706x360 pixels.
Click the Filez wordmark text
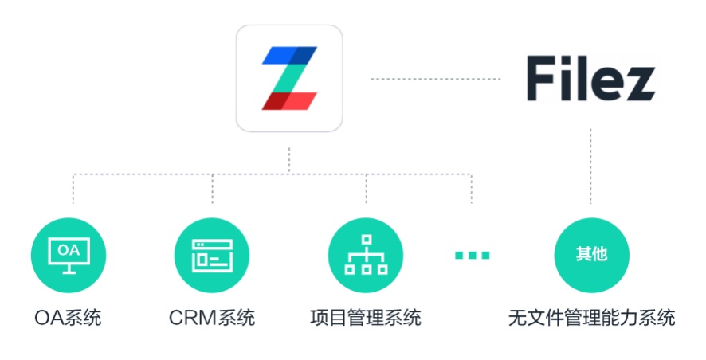[x=590, y=78]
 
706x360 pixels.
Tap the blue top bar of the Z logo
[x=289, y=55]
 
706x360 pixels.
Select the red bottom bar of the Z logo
[x=289, y=101]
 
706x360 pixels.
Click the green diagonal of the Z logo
[x=289, y=78]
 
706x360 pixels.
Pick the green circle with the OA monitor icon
[x=69, y=255]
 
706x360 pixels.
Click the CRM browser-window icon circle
[x=212, y=255]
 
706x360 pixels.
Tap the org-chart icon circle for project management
[x=366, y=255]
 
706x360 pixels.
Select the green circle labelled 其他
[x=591, y=255]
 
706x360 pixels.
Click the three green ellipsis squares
[x=472, y=255]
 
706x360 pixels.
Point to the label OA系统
[x=68, y=318]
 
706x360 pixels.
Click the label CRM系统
[x=212, y=318]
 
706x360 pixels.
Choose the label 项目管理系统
[x=366, y=318]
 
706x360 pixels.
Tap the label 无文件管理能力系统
[x=591, y=318]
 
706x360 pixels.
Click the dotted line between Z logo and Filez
[x=435, y=79]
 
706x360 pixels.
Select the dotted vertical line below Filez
[x=590, y=166]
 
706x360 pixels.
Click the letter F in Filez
[x=540, y=78]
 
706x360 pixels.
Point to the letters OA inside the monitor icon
[x=69, y=250]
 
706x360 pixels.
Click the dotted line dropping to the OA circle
[x=73, y=189]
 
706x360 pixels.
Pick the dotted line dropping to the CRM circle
[x=213, y=189]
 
